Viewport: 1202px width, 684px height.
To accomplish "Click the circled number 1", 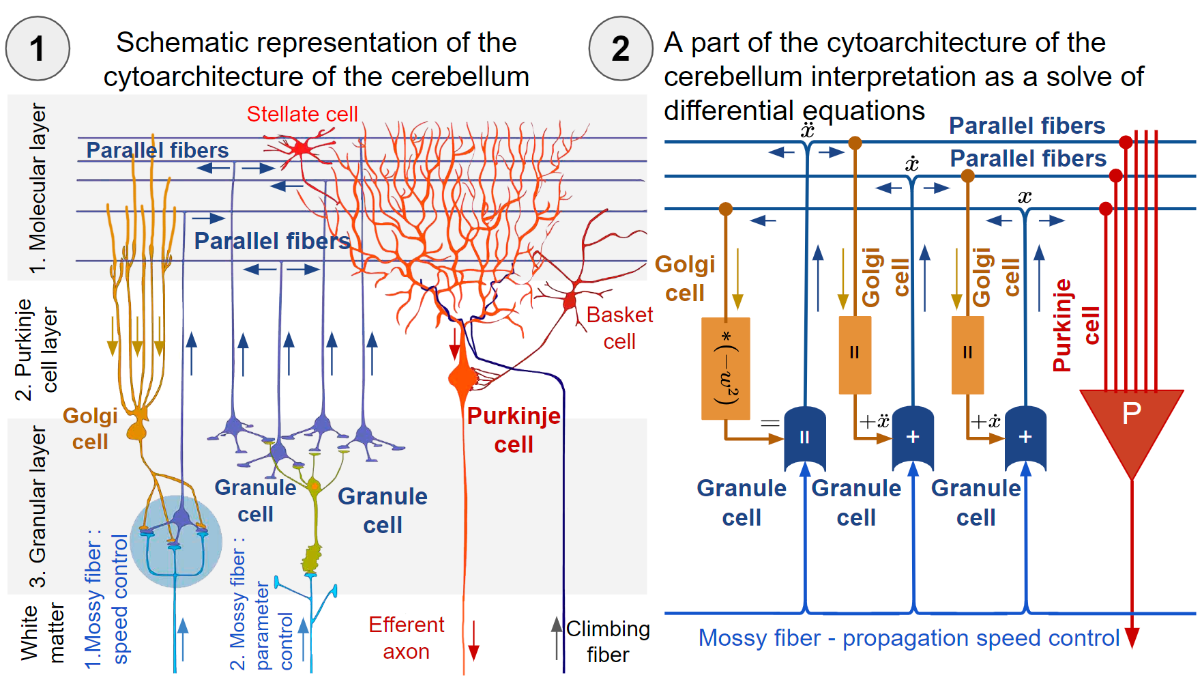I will pyautogui.click(x=38, y=48).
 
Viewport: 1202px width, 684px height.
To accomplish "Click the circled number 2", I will pyautogui.click(x=620, y=48).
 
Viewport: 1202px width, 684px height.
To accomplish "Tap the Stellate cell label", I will pyautogui.click(x=302, y=114).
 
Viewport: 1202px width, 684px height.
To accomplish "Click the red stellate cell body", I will pyautogui.click(x=301, y=147).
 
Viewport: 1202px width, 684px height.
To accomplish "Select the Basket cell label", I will pyautogui.click(x=619, y=328).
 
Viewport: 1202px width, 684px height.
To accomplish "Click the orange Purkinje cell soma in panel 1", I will pyautogui.click(x=462, y=377).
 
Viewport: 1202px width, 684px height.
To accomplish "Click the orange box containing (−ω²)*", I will pyautogui.click(x=725, y=369).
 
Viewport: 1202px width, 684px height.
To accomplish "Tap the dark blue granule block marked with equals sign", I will pyautogui.click(x=805, y=438).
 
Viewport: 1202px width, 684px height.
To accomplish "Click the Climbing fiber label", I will pyautogui.click(x=607, y=641).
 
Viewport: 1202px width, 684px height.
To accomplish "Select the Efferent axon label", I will pyautogui.click(x=406, y=638).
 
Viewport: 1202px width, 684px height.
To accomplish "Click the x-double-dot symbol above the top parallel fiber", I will pyautogui.click(x=808, y=130).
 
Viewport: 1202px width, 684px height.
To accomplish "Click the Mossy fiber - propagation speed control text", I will pyautogui.click(x=908, y=638).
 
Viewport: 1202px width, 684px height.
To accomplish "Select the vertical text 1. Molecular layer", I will pyautogui.click(x=38, y=188).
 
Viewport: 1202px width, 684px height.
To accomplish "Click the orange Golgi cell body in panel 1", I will pyautogui.click(x=137, y=430).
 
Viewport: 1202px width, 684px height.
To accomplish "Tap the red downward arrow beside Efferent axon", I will pyautogui.click(x=473, y=642).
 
